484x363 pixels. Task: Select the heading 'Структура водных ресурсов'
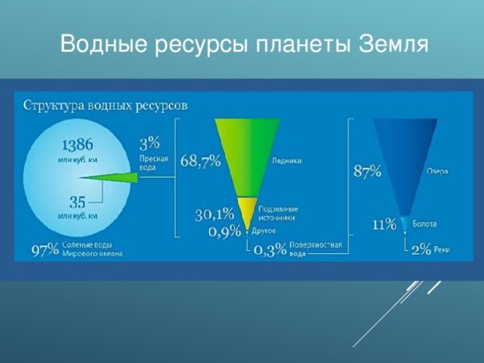tap(106, 105)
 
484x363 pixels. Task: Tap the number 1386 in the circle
tap(78, 145)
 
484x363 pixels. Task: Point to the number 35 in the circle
tap(77, 202)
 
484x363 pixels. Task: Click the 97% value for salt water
tap(45, 249)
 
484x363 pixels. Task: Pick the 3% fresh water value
tap(149, 144)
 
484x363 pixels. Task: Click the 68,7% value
tap(200, 161)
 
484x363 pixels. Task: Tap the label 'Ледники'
tap(287, 161)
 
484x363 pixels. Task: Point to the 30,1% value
tap(214, 214)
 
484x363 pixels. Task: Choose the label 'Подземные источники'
tap(277, 213)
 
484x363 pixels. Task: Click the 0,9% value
tap(224, 232)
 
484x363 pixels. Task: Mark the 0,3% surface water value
tap(269, 250)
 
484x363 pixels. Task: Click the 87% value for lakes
tap(368, 171)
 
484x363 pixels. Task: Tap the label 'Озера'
tap(437, 171)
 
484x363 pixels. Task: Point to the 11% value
tap(384, 223)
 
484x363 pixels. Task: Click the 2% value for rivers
tap(420, 250)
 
